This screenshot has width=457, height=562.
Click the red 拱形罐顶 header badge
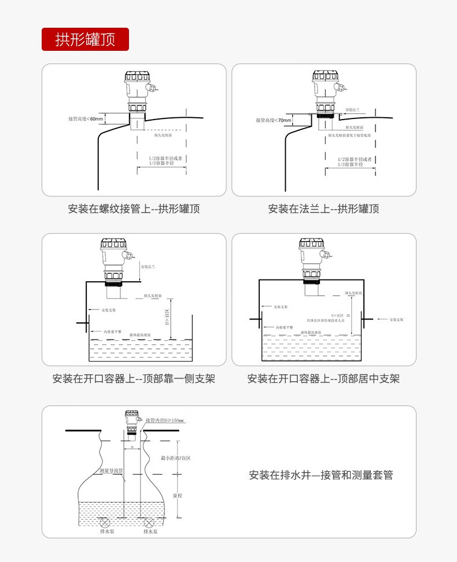[x=85, y=39]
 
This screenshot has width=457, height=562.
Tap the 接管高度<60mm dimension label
[x=85, y=119]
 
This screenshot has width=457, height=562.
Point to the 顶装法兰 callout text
[x=352, y=109]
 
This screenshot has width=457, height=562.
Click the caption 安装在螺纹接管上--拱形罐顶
[x=134, y=209]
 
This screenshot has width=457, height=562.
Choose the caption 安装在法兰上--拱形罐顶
[x=323, y=209]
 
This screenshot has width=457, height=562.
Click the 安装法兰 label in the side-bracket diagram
[x=149, y=266]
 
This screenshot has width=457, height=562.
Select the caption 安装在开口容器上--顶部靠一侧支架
[x=134, y=379]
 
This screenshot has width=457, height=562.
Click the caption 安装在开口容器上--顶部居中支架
[x=323, y=379]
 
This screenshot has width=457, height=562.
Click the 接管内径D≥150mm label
[x=164, y=420]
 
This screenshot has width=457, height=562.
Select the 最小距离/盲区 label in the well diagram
[x=176, y=457]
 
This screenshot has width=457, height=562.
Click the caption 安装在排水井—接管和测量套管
[x=321, y=475]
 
